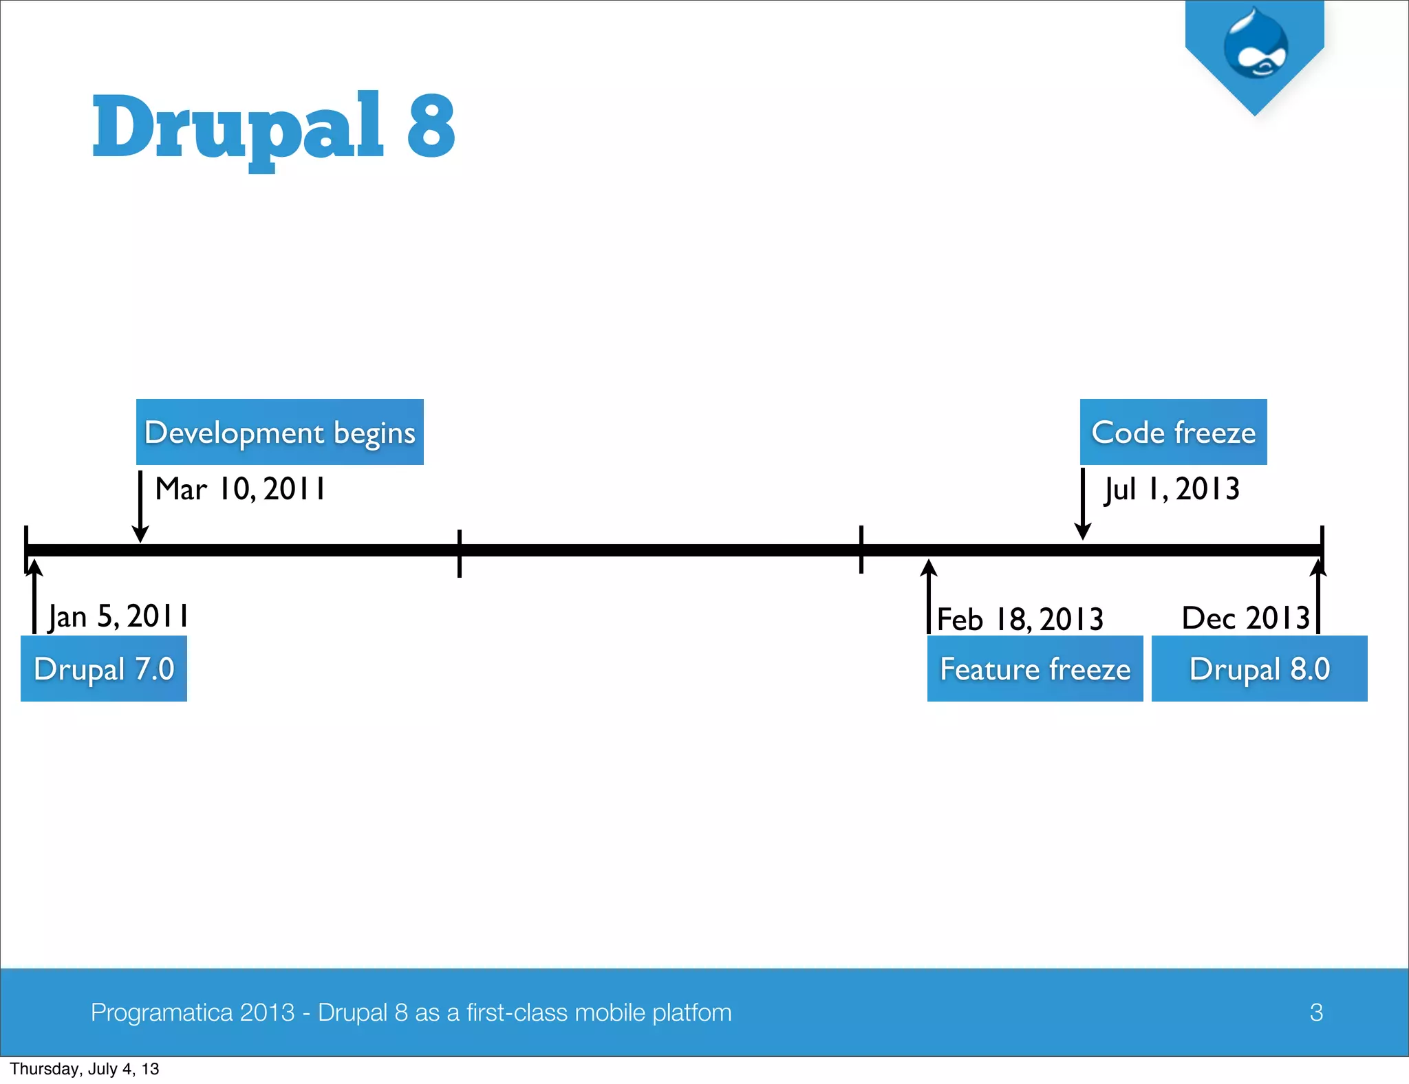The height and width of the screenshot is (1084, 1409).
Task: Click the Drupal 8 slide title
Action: click(x=273, y=127)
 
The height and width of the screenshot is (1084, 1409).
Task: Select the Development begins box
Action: click(x=279, y=432)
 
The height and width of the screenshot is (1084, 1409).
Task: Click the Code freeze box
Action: click(x=1173, y=432)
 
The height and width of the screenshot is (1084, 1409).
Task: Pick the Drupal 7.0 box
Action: click(x=104, y=669)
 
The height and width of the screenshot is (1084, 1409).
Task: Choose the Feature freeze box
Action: click(x=1035, y=669)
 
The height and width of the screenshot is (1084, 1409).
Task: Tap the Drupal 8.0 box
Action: click(x=1259, y=669)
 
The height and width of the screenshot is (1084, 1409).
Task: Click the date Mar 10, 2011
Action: click(x=240, y=489)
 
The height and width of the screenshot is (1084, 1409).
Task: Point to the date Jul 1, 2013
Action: click(x=1172, y=489)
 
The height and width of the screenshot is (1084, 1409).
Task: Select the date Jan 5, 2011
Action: click(x=118, y=616)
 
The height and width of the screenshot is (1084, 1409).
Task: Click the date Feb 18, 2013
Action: click(x=1020, y=619)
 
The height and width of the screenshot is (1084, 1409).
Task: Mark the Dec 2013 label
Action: click(x=1245, y=618)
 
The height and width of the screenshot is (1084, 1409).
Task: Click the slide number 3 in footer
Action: click(x=1316, y=1012)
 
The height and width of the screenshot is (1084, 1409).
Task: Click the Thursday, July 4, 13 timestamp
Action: click(x=84, y=1069)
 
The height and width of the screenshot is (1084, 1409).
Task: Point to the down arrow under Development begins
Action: click(x=140, y=506)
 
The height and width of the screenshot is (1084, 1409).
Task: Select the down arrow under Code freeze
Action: click(x=1083, y=504)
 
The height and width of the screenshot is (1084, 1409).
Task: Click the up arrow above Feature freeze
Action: click(x=929, y=596)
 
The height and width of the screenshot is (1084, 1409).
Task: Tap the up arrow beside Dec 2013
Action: click(x=1318, y=596)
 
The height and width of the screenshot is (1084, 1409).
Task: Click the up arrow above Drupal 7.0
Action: click(x=34, y=596)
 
